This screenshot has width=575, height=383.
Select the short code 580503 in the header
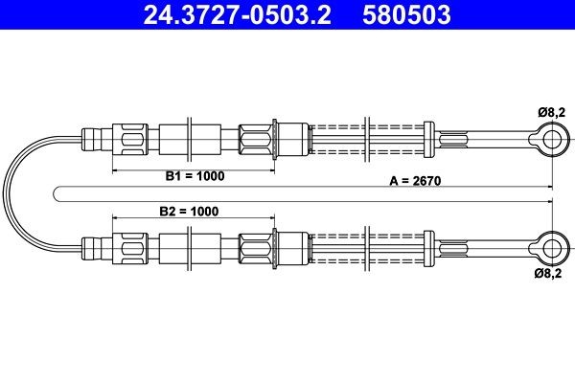point(409,15)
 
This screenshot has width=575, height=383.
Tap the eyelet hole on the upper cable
point(552,141)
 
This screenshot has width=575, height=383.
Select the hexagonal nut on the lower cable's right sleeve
point(257,247)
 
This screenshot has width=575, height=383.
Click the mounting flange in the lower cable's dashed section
point(368,247)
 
